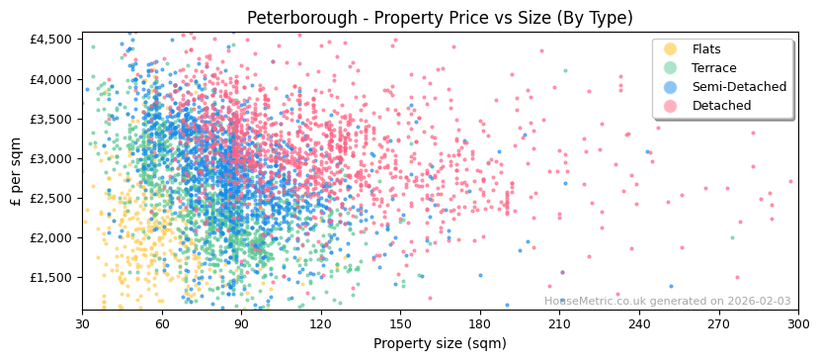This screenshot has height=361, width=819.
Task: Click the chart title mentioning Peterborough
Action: point(440,18)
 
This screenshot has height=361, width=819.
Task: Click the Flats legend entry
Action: point(705,49)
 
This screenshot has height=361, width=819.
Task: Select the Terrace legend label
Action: point(713,68)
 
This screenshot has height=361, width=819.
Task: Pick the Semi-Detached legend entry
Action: point(739,87)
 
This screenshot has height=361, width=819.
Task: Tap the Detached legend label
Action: point(720,106)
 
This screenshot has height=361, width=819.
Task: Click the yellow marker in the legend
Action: point(670,49)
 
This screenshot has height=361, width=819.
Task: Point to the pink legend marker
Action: point(670,106)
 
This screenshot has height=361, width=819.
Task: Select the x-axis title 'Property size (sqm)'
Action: point(440,344)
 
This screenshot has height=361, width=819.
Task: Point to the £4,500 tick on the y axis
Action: point(50,40)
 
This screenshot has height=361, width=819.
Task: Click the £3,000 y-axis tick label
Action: point(50,158)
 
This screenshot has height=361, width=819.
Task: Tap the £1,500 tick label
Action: point(50,278)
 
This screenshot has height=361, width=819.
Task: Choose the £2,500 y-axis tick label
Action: point(50,198)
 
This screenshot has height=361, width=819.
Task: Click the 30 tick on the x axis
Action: point(82,323)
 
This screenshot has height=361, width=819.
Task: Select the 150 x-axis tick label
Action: point(400,323)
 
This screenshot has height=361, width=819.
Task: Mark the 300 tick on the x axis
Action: point(797,323)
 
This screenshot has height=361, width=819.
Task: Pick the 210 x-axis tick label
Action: point(559,323)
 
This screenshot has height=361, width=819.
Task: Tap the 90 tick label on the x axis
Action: point(241,323)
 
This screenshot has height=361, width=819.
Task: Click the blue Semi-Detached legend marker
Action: point(670,87)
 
